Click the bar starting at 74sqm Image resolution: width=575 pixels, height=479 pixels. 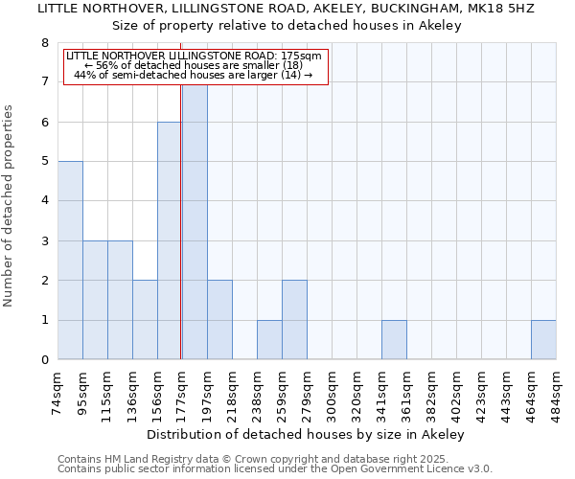70,261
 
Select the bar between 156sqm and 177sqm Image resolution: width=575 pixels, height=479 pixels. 170,240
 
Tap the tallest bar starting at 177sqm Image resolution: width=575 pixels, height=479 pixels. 195,222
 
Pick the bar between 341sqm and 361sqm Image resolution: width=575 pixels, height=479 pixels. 394,340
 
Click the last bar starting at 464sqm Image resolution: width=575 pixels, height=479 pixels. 543,340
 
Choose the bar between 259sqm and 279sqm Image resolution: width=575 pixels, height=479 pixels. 294,320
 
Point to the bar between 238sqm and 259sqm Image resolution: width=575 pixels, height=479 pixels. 269,340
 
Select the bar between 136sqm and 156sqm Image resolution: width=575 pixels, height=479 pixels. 145,320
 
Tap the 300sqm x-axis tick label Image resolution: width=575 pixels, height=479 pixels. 332,393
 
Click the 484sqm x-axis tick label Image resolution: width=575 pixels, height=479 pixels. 556,393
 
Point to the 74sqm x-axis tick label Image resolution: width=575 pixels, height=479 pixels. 57,393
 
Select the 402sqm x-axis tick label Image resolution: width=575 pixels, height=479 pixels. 431,393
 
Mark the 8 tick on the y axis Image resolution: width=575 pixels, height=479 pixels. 44,43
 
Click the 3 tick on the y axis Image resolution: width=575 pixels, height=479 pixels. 44,241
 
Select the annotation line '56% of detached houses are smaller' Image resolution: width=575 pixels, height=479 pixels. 195,65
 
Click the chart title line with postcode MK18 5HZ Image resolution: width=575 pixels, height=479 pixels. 287,9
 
